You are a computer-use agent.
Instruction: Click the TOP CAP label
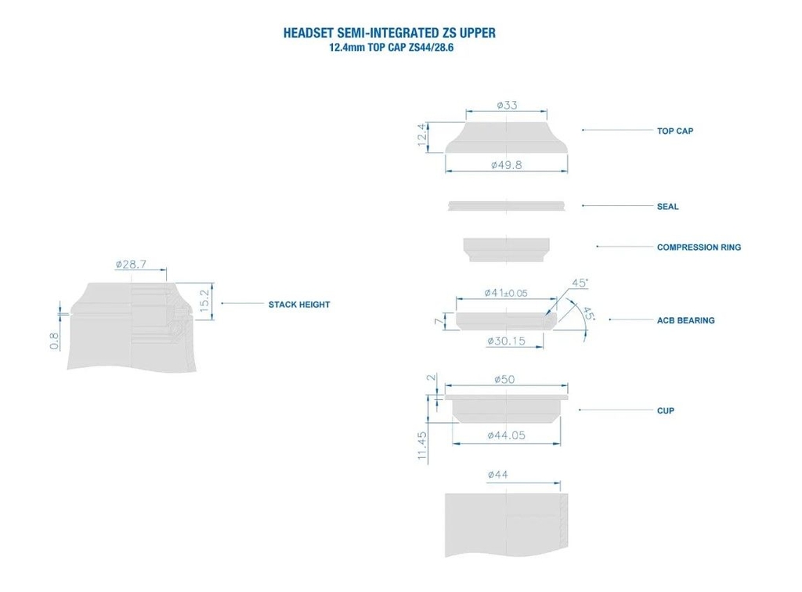point(674,131)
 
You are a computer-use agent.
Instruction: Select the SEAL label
point(667,207)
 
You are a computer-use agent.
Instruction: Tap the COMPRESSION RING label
point(699,247)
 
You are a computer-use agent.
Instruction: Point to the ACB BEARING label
point(685,320)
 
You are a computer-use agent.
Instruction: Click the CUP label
point(665,410)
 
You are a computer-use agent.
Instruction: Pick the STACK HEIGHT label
point(299,305)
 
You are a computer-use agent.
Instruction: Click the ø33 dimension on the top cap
point(507,105)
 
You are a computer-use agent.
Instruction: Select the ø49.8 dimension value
point(506,164)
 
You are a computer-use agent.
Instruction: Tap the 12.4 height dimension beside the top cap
point(421,135)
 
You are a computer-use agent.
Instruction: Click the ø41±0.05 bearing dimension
point(506,293)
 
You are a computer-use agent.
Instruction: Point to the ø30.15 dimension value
point(505,341)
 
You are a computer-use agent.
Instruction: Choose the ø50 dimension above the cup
point(505,379)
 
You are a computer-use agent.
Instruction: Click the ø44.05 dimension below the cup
point(506,435)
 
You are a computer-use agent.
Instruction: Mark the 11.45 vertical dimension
point(422,446)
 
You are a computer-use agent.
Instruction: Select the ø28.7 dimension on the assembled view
point(131,265)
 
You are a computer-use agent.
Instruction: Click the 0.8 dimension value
point(54,341)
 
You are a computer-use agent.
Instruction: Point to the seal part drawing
point(506,206)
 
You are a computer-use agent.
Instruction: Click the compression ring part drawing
point(506,248)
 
